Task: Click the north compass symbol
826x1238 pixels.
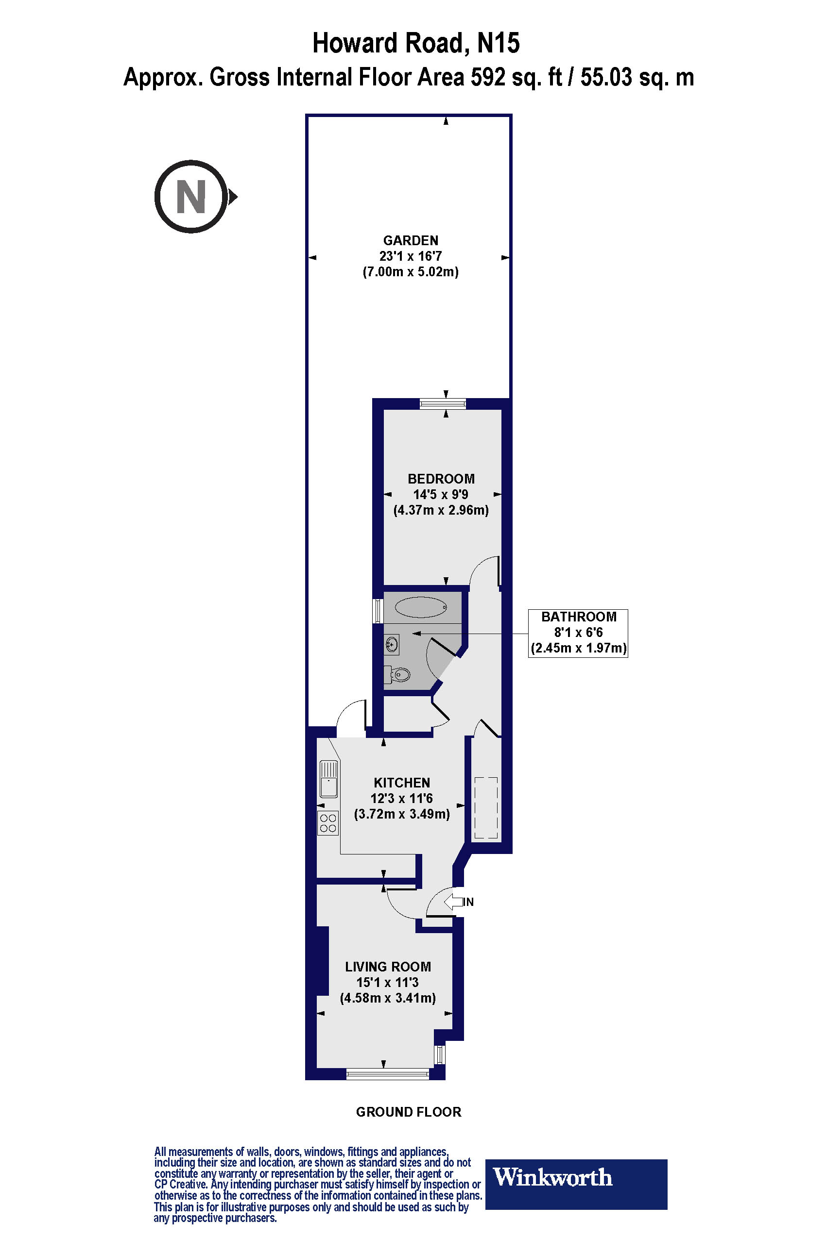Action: (x=192, y=196)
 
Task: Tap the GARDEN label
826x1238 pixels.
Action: (x=411, y=240)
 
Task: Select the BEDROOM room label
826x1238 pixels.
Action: (x=441, y=479)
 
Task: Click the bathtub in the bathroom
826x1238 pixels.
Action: (x=421, y=607)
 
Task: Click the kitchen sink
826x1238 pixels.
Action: (x=329, y=779)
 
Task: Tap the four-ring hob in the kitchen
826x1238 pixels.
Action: (x=327, y=823)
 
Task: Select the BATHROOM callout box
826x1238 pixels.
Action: (x=578, y=632)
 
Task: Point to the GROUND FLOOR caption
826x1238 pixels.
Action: (x=408, y=1112)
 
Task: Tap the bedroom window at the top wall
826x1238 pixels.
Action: (x=443, y=404)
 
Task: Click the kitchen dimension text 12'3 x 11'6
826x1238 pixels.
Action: (x=401, y=798)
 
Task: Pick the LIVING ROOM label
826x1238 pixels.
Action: (x=388, y=967)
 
